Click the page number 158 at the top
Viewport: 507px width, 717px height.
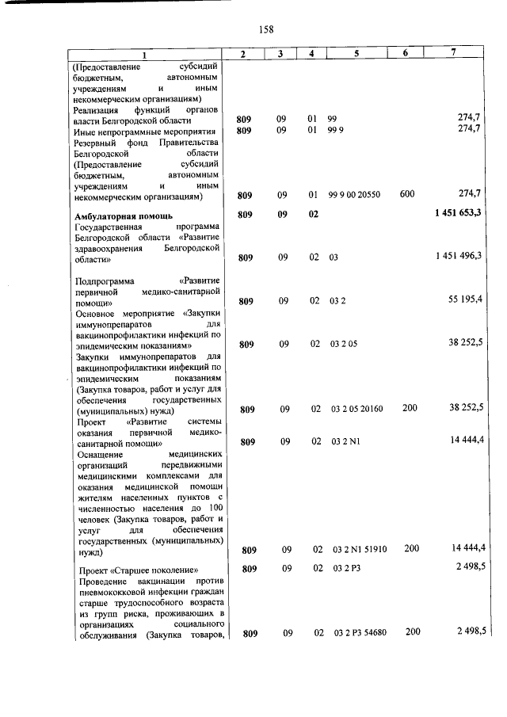tap(265, 29)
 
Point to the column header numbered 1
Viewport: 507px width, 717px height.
tap(144, 54)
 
